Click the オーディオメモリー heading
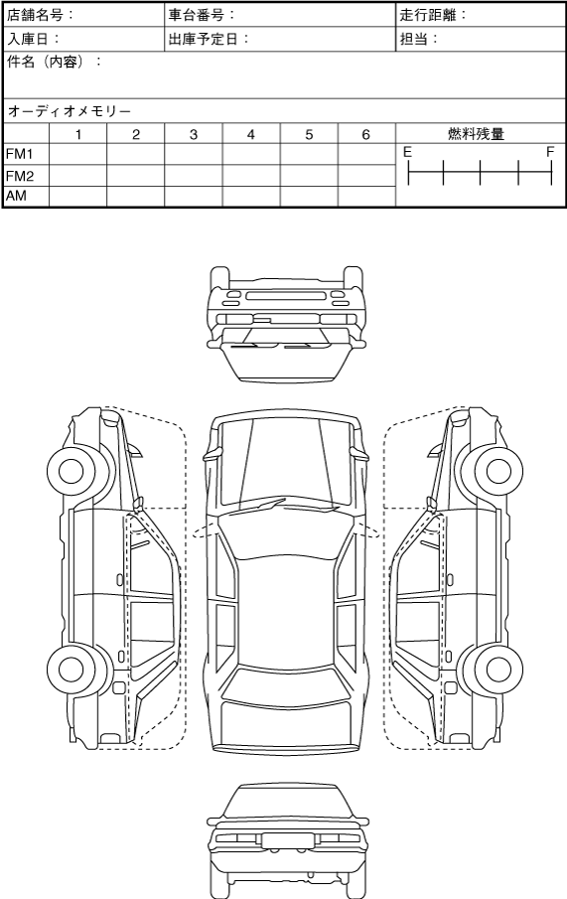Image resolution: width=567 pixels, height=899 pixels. tap(69, 111)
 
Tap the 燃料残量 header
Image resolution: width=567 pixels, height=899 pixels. tap(476, 134)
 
